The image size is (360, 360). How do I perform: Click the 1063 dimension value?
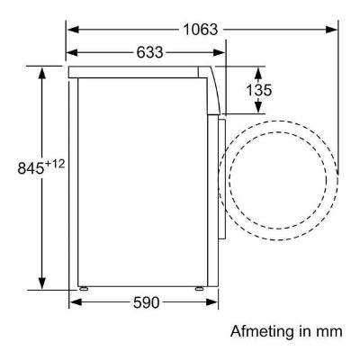tap(201, 30)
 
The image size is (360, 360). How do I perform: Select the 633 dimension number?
tap(149, 52)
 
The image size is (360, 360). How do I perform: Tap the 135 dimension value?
tap(259, 90)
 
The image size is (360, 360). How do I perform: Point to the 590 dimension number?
tap(146, 302)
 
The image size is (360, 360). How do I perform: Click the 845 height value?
tap(31, 168)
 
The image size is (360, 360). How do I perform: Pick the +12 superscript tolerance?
tap(55, 164)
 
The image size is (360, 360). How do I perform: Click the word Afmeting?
tap(262, 332)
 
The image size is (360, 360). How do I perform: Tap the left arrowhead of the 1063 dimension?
tap(73, 30)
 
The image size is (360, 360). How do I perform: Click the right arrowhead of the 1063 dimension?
tap(331, 30)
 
